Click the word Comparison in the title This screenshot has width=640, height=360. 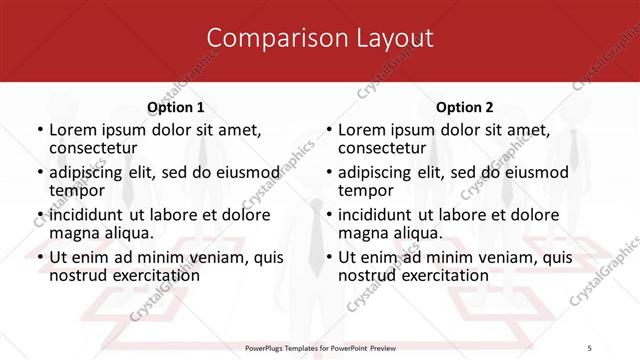[268, 39]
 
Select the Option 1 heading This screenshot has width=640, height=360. [176, 107]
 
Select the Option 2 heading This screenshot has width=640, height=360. [465, 107]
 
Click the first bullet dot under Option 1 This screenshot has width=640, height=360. [39, 130]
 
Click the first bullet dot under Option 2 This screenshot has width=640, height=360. [328, 130]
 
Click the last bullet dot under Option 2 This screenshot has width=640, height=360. [328, 257]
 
